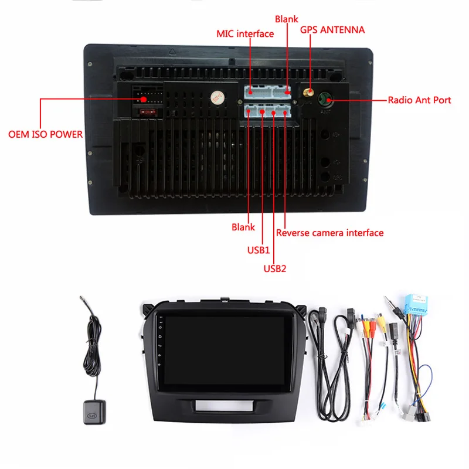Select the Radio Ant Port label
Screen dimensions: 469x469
(419, 100)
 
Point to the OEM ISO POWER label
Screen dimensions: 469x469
(45, 134)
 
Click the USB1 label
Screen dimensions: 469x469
(258, 250)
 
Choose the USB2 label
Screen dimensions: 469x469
(274, 269)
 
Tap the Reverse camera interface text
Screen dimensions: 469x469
(329, 233)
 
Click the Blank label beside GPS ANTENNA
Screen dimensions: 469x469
(286, 19)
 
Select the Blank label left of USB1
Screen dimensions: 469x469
(243, 227)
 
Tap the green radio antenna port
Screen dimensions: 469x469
(324, 100)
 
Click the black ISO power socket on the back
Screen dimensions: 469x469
(145, 94)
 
